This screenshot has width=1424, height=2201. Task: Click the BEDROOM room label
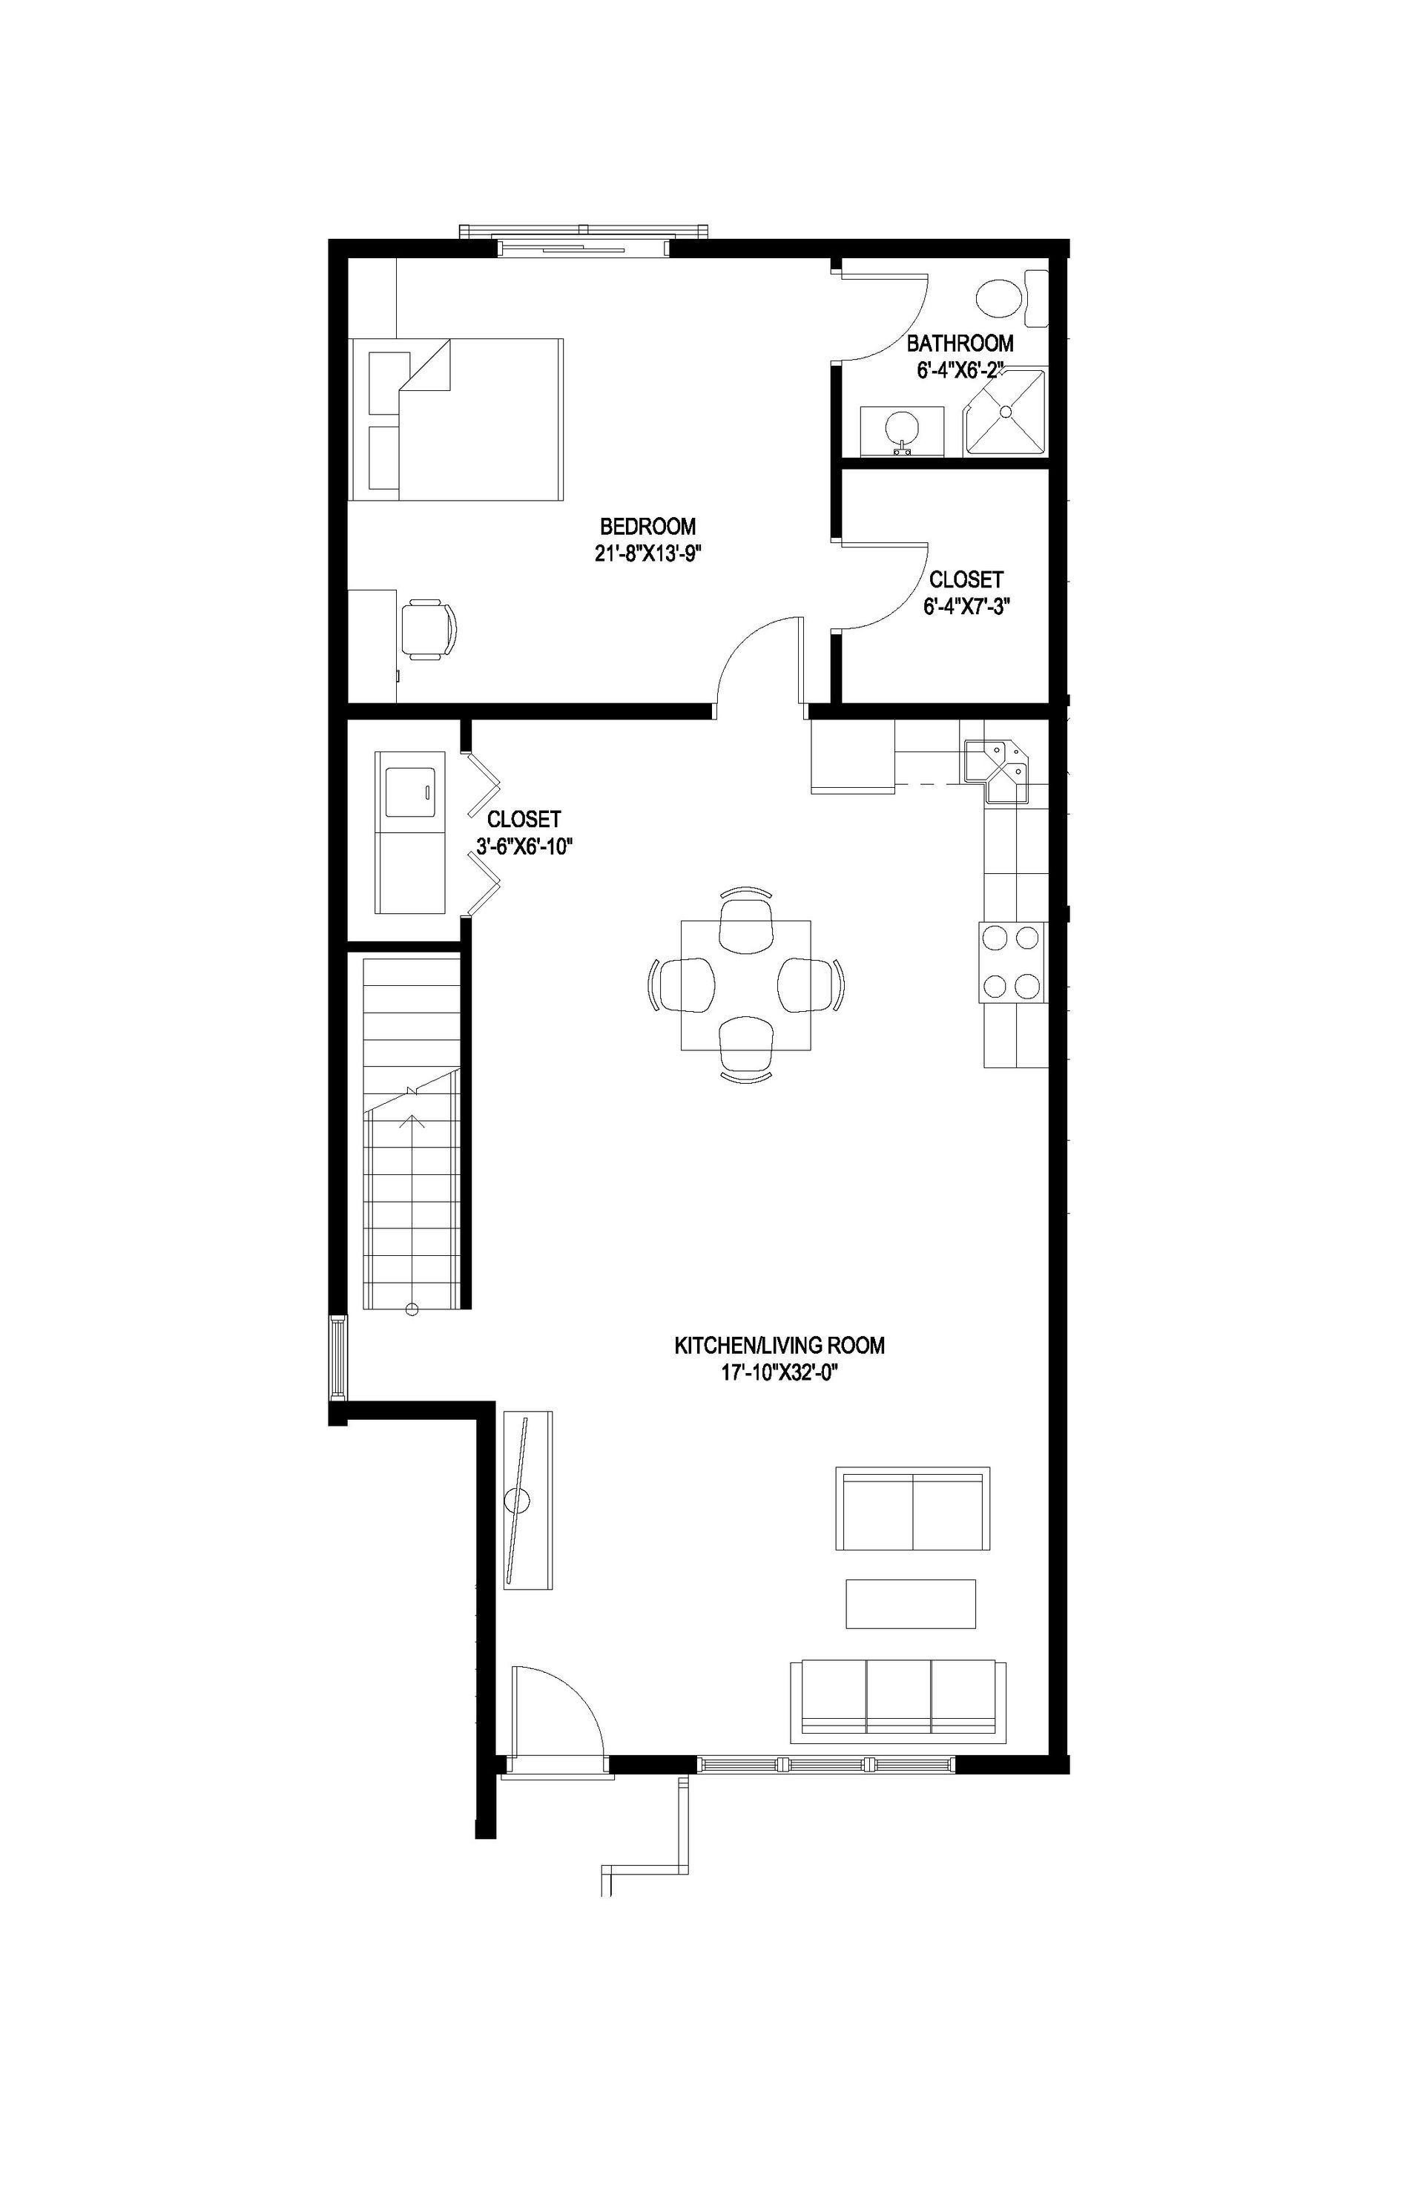click(x=647, y=527)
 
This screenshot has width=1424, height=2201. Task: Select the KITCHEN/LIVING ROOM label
click(x=779, y=1346)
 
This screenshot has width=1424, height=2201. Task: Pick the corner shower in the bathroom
click(x=1006, y=412)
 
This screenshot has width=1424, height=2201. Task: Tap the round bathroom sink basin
click(x=902, y=428)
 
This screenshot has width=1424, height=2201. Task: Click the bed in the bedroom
click(x=458, y=419)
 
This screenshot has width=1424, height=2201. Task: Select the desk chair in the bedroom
click(x=429, y=629)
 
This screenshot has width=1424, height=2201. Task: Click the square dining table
click(x=745, y=985)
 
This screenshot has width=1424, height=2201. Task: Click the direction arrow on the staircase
click(x=413, y=1121)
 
